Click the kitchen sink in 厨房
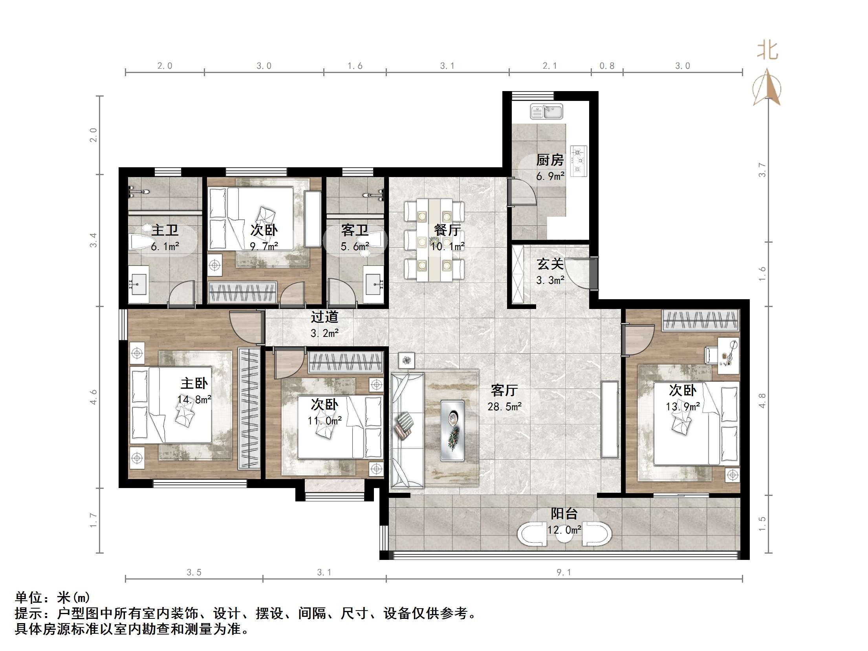(x=546, y=112)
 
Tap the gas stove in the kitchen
(x=579, y=160)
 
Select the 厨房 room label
(x=550, y=160)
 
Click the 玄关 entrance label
(x=550, y=264)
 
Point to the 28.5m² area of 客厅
(x=504, y=407)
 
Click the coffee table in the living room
(x=452, y=430)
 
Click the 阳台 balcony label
(x=564, y=514)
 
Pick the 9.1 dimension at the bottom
(x=564, y=572)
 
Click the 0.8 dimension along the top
(x=607, y=66)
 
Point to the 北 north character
(x=767, y=51)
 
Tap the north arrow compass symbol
(x=767, y=89)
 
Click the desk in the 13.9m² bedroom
(x=729, y=356)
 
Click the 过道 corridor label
(x=324, y=317)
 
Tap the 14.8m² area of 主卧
(x=194, y=400)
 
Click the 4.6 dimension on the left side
(x=93, y=397)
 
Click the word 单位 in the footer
(x=29, y=598)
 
